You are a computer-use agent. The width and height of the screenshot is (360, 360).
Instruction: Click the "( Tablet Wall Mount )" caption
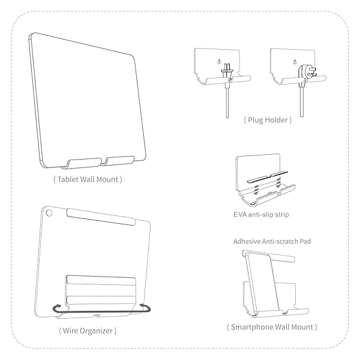pos(88,179)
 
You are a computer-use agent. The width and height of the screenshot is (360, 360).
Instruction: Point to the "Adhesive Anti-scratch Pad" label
pos(268,241)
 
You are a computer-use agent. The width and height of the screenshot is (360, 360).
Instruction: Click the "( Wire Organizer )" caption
pos(88,330)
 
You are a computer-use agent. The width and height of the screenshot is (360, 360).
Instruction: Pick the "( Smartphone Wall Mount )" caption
pos(272,327)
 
